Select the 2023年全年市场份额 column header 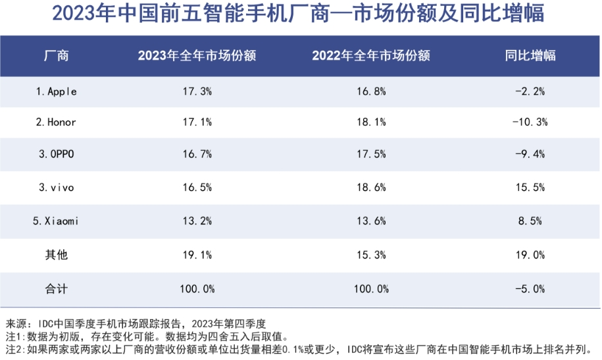197,55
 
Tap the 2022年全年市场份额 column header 371,55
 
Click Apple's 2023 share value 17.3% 197,91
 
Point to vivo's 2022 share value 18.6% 371,188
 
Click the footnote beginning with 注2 301,349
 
